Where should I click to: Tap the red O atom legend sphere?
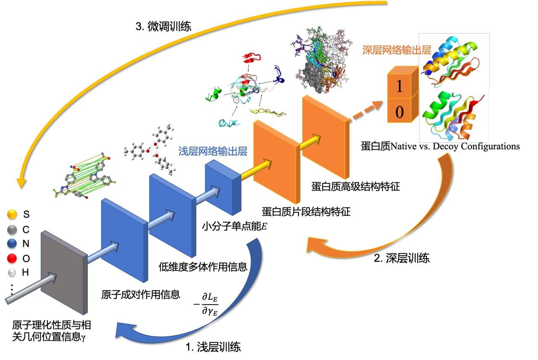tap(12, 258)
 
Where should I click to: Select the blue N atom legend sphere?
tap(12, 244)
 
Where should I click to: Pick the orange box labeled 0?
tap(401, 111)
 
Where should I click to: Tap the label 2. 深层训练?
tap(401, 258)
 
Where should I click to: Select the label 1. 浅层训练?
tap(214, 347)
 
